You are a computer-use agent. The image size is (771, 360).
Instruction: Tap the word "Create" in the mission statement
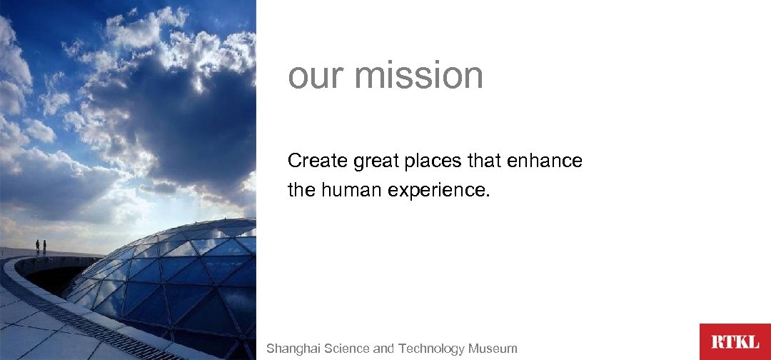click(318, 161)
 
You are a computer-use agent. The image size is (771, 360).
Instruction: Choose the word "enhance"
click(545, 161)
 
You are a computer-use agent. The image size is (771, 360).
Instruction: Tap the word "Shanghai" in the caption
click(293, 349)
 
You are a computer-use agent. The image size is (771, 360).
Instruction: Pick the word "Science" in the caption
click(347, 349)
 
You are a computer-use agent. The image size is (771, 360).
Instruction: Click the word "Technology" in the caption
click(431, 349)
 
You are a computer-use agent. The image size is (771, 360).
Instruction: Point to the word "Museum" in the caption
click(493, 349)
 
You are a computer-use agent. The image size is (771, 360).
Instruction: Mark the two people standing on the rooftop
click(41, 247)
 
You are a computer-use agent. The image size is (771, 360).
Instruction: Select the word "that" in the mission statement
click(485, 161)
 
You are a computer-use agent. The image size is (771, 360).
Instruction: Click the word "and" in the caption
click(383, 349)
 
